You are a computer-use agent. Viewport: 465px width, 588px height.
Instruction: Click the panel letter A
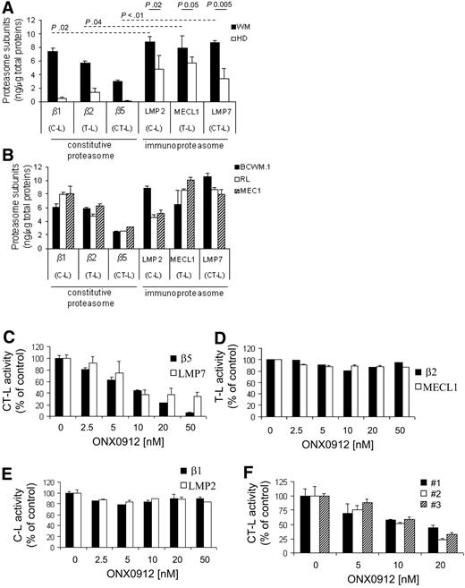point(7,8)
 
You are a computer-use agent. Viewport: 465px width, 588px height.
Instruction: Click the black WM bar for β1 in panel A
point(54,76)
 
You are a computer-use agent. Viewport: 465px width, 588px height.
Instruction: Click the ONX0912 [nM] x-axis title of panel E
point(123,575)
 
